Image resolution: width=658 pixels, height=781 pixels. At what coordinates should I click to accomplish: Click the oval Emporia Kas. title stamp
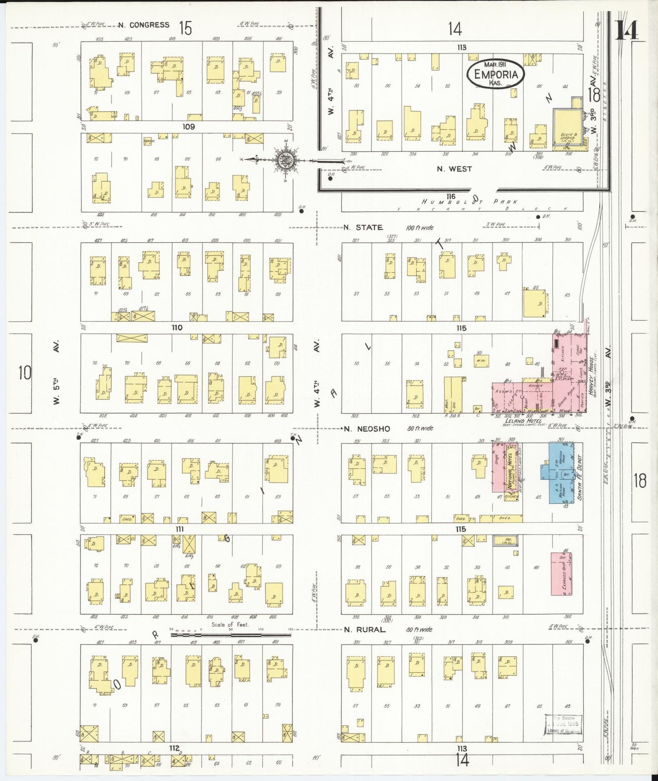coord(496,73)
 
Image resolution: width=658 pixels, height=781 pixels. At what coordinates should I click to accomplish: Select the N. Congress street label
coord(143,25)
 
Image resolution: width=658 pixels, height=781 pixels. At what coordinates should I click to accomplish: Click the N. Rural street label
coord(364,630)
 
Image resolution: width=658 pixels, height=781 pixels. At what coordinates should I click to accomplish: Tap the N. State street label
coord(363,227)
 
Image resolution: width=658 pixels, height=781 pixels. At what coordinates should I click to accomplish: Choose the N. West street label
coord(454,169)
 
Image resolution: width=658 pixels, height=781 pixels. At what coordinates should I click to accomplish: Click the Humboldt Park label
coord(469,201)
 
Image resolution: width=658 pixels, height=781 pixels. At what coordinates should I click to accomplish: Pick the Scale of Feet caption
coord(230,625)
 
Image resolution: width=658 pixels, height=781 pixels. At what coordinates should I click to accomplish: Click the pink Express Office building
coord(561,574)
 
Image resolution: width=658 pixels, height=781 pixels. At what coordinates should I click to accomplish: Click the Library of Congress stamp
coord(564,724)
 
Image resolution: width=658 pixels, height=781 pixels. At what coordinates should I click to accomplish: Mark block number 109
coord(189,127)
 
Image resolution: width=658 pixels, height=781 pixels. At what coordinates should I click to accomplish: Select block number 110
coord(177,328)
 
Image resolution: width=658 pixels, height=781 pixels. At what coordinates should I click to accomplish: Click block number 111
coord(179,529)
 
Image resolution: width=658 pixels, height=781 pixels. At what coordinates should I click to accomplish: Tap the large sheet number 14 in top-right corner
coord(627,31)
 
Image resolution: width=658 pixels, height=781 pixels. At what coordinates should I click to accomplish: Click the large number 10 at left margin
coord(25,373)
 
